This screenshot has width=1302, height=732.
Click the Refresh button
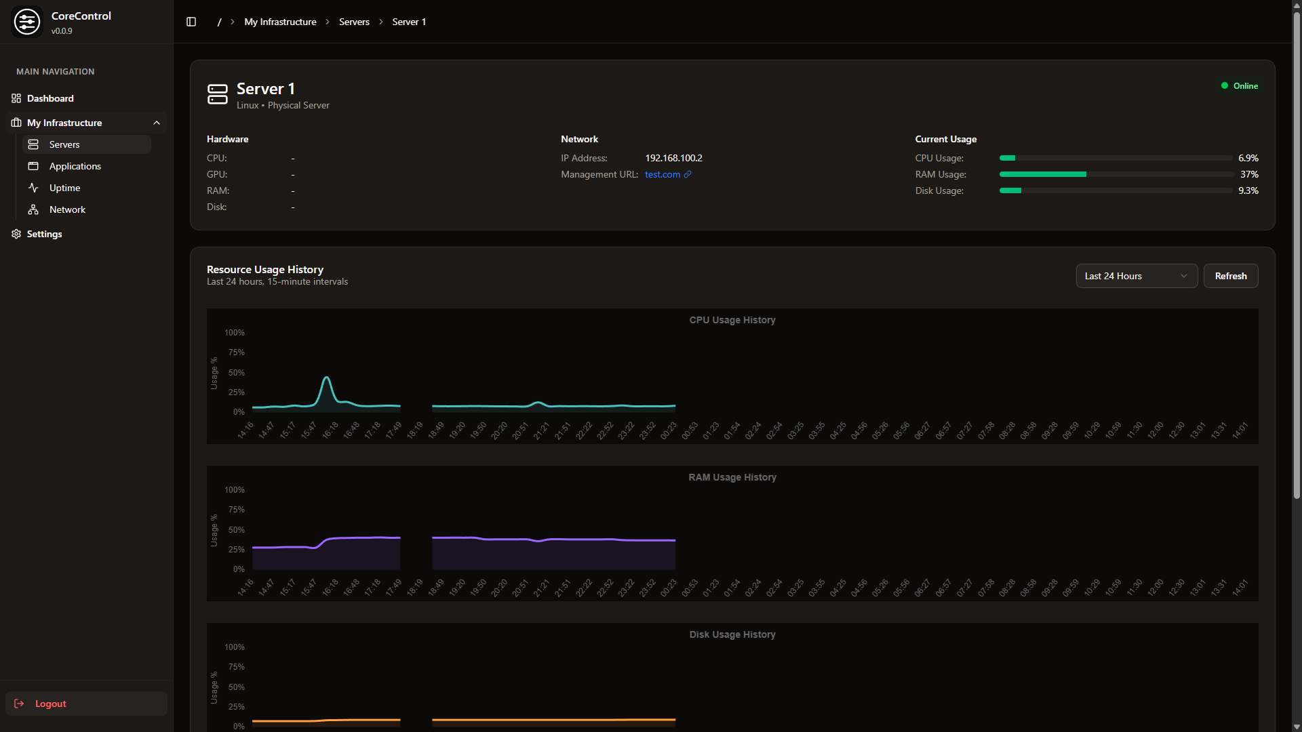pos(1230,276)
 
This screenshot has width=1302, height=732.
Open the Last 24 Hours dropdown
pos(1136,276)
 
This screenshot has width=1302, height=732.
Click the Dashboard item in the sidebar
pos(50,98)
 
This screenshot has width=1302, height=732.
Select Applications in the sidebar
pos(75,166)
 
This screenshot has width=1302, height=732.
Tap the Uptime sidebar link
pos(64,188)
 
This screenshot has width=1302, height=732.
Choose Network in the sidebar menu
pos(67,209)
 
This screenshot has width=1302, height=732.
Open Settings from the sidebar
pos(44,234)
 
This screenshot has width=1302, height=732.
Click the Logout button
pos(50,704)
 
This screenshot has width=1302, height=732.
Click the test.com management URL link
pos(663,174)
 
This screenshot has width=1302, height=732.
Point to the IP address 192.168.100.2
pos(673,158)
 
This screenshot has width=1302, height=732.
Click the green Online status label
pos(1244,86)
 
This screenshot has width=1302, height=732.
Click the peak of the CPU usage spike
pos(327,378)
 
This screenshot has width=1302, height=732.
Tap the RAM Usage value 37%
pos(1249,174)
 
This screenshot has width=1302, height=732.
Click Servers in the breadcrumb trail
pos(354,22)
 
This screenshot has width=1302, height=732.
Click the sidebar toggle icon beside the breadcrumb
pos(191,22)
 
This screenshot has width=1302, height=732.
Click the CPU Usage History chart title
pos(732,320)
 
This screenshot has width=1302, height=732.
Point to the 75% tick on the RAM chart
pos(236,510)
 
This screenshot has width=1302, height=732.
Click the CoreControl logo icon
pos(27,22)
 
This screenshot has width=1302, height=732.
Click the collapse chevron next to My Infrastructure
pos(157,123)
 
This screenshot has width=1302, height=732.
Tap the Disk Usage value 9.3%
pos(1248,190)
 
